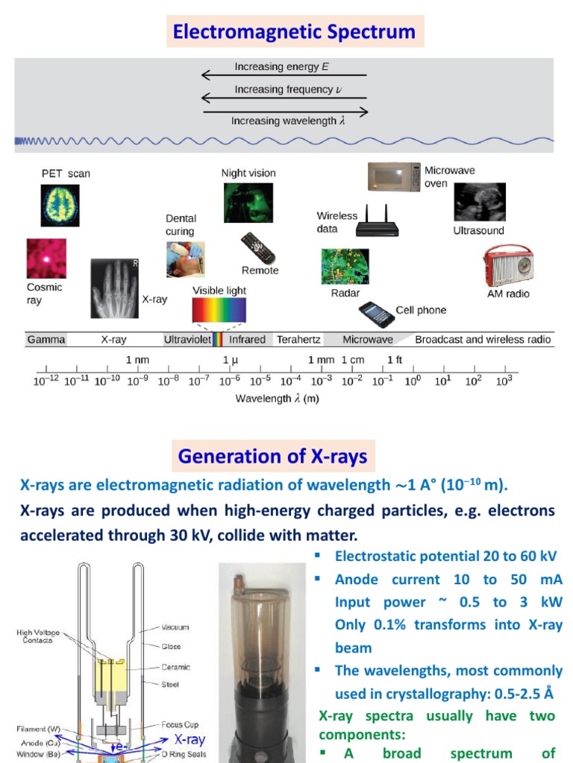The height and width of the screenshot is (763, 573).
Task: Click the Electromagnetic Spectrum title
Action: pyautogui.click(x=294, y=32)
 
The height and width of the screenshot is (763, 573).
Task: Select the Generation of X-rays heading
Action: pyautogui.click(x=272, y=456)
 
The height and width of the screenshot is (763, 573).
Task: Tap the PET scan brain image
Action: pyautogui.click(x=60, y=206)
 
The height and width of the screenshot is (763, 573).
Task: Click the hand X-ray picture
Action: pyautogui.click(x=115, y=288)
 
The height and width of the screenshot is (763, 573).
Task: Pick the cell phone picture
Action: pyautogui.click(x=377, y=314)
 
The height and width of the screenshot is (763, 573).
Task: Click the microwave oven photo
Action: pyautogui.click(x=394, y=177)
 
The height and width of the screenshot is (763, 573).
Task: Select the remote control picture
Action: pyautogui.click(x=257, y=248)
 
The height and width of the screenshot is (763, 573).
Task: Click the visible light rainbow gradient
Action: pyautogui.click(x=219, y=309)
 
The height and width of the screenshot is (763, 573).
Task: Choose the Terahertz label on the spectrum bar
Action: pyautogui.click(x=298, y=340)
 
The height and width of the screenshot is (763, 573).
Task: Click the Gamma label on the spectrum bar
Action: pyautogui.click(x=46, y=340)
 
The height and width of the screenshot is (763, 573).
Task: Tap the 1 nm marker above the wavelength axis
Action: pyautogui.click(x=137, y=360)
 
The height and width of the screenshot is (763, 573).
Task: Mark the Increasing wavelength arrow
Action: pyautogui.click(x=286, y=113)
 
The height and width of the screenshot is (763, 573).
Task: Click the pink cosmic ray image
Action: pyautogui.click(x=46, y=259)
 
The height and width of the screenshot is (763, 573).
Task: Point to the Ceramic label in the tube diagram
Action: pyautogui.click(x=175, y=668)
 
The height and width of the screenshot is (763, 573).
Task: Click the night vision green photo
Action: pyautogui.click(x=248, y=203)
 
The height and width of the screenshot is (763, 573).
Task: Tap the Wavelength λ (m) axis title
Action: pyautogui.click(x=277, y=399)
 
